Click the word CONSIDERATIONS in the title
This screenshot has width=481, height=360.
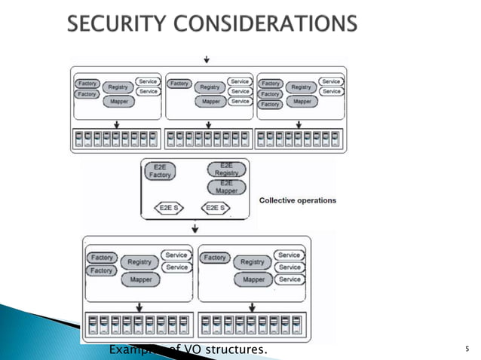265,25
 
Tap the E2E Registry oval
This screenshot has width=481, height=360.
226,168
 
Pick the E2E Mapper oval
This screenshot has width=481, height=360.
226,186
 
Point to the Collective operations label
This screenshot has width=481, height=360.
297,200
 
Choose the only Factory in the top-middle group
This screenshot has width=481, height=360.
179,84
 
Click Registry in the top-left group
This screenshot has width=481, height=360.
118,87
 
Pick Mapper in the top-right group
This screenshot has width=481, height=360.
302,101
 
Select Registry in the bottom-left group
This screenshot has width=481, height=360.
139,262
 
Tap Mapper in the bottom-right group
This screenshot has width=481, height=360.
253,279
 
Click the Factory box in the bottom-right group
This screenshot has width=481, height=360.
215,258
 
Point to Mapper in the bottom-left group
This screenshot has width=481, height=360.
139,279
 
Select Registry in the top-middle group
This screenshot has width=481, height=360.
209,87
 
